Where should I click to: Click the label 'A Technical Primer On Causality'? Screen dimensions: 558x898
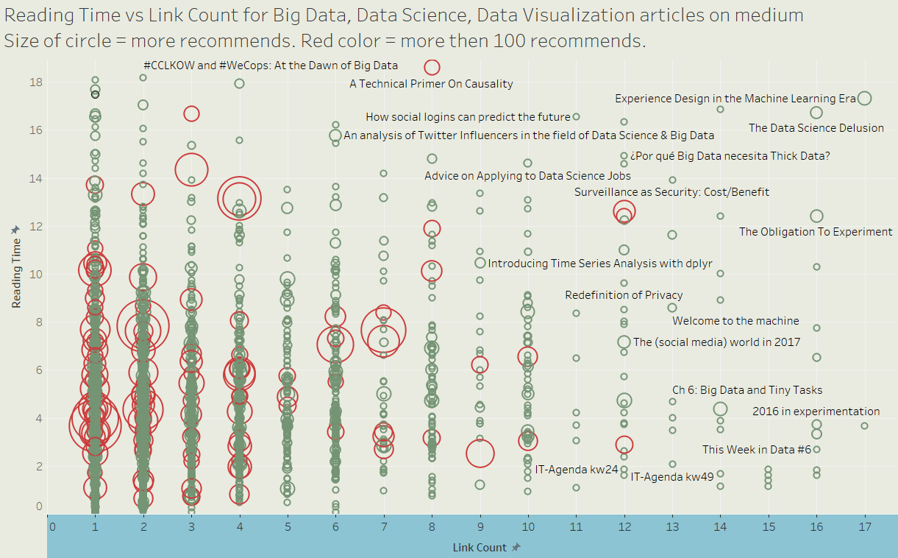click(431, 84)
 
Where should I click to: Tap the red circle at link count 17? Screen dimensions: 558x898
click(865, 98)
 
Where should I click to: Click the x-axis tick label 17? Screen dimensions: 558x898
click(865, 527)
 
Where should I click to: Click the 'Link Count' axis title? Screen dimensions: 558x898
click(480, 548)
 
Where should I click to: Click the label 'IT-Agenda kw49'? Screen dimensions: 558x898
click(672, 476)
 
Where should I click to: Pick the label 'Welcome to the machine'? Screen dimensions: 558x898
click(735, 321)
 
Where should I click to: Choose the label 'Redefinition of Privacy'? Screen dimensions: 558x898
click(624, 295)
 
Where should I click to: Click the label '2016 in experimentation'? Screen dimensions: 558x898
click(816, 412)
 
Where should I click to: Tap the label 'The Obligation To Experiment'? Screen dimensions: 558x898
click(816, 232)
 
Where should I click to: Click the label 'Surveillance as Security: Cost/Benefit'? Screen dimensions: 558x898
click(671, 192)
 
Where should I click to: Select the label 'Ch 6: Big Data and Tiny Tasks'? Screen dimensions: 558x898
click(747, 390)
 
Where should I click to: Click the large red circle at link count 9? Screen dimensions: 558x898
click(480, 453)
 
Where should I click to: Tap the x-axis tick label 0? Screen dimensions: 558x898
click(51, 527)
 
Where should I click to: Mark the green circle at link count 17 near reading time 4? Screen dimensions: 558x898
click(864, 425)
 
